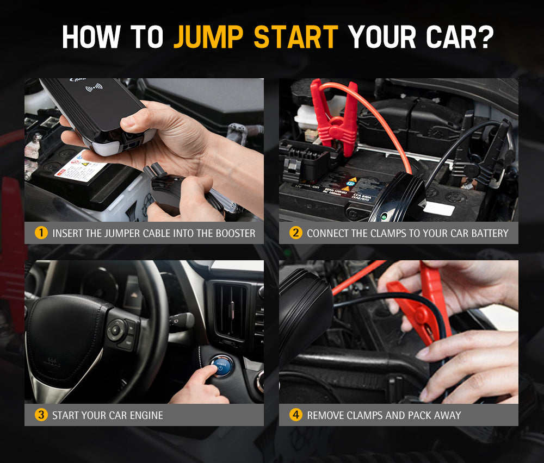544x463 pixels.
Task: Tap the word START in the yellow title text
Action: coord(296,36)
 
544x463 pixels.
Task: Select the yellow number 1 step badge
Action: coord(41,233)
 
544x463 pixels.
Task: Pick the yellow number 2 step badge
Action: coord(295,233)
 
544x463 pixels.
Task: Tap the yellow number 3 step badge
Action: coord(41,415)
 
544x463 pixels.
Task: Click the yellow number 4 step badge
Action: coord(295,415)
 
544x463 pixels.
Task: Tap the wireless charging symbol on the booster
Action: coord(94,87)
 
